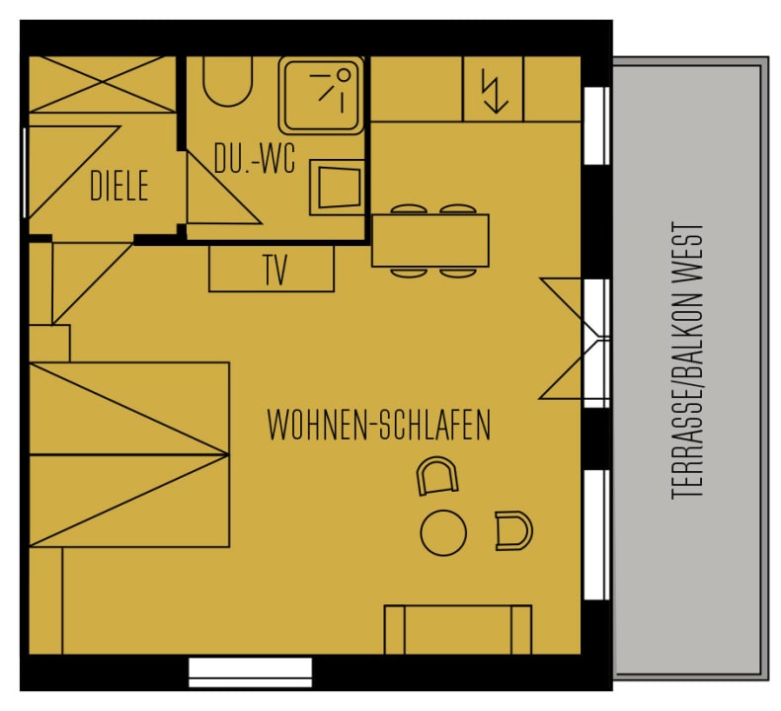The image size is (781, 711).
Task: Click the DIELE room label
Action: coord(119,186)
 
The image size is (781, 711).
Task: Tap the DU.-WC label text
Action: coord(255,158)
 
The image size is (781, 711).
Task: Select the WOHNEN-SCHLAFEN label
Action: coord(379,425)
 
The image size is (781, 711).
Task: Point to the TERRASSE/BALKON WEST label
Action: coord(687,360)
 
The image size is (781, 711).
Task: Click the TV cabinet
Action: coord(272,268)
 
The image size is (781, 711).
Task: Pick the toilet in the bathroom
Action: coord(227,81)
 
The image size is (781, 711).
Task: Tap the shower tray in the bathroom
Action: coord(321,95)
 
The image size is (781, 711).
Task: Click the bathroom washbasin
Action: coord(337,188)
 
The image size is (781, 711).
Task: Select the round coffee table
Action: coord(443,532)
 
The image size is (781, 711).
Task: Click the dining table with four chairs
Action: coord(430,241)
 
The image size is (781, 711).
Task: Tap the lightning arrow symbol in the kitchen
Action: coord(493,91)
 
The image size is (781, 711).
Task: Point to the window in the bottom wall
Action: coord(251,672)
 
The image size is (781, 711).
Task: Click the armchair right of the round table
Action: coord(514,530)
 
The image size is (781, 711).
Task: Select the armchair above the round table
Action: coord(436,476)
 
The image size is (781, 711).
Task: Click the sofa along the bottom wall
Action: coord(458,629)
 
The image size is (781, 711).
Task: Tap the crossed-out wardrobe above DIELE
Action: coord(103,84)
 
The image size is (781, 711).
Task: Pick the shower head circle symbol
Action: coord(344,75)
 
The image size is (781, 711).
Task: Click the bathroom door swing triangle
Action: coord(224,188)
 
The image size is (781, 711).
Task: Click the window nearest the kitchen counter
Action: coord(596,125)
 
